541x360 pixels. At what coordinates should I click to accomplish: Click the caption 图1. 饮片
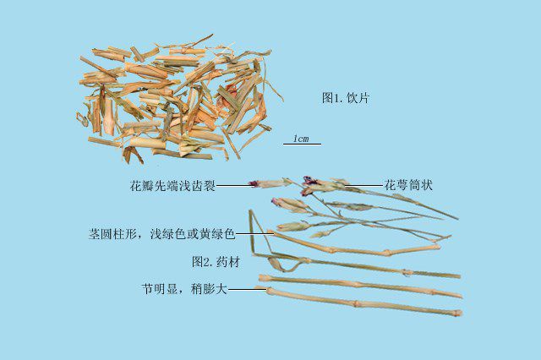[x=346, y=98]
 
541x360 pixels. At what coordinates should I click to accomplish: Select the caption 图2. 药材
[x=216, y=262]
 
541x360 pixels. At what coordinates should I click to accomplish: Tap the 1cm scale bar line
[x=303, y=145]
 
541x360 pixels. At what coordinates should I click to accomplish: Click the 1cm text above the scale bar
[x=301, y=139]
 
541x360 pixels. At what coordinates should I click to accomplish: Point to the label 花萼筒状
[x=408, y=186]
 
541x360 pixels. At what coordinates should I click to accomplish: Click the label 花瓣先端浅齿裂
[x=172, y=186]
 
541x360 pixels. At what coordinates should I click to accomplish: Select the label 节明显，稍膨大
[x=184, y=289]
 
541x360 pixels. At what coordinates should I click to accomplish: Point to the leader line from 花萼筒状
[x=364, y=186]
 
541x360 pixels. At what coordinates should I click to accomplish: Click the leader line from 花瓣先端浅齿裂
[x=233, y=186]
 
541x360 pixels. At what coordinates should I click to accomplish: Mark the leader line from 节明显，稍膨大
[x=248, y=290]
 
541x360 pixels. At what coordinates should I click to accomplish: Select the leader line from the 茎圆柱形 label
[x=254, y=234]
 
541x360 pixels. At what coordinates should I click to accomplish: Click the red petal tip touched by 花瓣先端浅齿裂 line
[x=254, y=183]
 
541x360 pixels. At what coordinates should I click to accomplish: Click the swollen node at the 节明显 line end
[x=270, y=291]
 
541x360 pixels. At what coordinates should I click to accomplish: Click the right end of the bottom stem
[x=458, y=314]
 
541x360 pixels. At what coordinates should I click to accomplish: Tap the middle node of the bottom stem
[x=356, y=304]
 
